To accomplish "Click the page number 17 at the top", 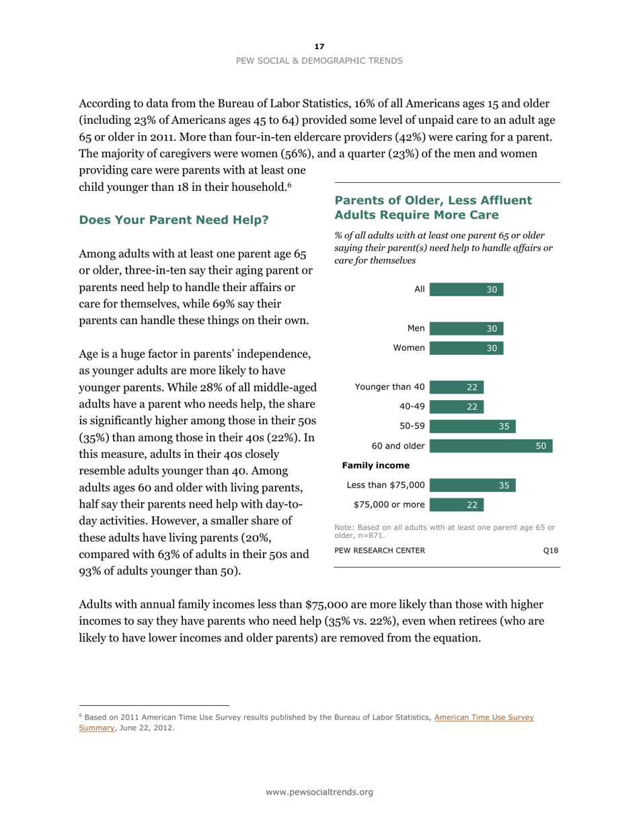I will (319, 46).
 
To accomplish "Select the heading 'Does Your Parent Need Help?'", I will (174, 219).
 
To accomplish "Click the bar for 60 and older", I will (490, 446).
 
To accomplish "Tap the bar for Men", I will (466, 329).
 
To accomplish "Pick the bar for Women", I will (466, 348).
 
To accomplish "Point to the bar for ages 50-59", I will (472, 426).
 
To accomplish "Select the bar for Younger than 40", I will (457, 387).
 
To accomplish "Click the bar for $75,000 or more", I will (457, 504).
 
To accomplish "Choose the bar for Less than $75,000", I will (472, 485).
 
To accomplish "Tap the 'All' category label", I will (419, 290).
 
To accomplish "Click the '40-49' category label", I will (412, 406).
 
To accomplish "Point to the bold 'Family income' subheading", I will (376, 465).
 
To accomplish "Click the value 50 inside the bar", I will (539, 446).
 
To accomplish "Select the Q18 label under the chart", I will (551, 551).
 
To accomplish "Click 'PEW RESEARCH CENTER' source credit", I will (379, 551).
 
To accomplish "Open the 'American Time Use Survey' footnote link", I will (484, 717).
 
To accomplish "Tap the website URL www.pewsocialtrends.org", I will (319, 793).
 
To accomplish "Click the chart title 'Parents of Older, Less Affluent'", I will (433, 200).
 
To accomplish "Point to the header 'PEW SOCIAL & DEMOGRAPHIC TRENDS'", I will (319, 61).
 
